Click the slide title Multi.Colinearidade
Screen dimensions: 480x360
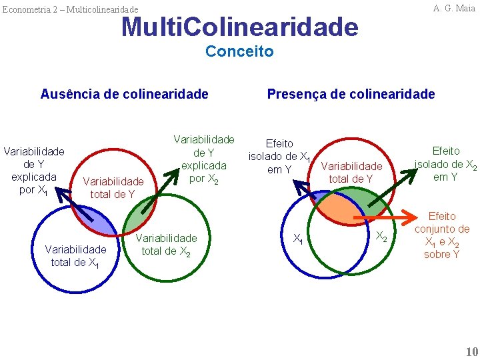(x=239, y=27)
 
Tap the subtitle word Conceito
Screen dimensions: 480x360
(x=239, y=51)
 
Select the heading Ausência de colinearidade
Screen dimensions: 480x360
(x=124, y=94)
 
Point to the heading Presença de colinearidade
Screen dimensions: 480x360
(x=351, y=94)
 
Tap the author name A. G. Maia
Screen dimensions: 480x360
(x=454, y=8)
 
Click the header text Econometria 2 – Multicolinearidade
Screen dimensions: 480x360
(x=70, y=9)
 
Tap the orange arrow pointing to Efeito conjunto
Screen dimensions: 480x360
(x=383, y=218)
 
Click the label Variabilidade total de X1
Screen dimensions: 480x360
(x=75, y=256)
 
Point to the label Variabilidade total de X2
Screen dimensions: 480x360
(x=166, y=245)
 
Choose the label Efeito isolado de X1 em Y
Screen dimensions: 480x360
(x=279, y=157)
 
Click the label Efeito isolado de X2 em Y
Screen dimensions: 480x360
(x=445, y=164)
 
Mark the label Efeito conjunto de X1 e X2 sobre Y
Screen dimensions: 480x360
(x=441, y=235)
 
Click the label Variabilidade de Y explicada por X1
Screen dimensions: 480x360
(x=34, y=170)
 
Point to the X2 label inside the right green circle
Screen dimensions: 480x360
(x=381, y=236)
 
